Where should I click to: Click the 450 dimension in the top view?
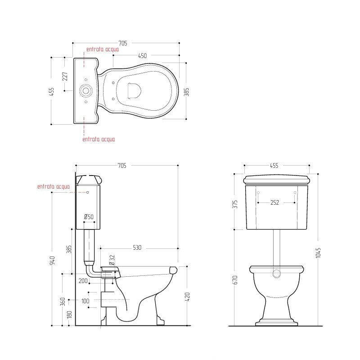142,56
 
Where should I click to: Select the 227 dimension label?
65,76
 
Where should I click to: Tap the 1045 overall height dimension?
318,253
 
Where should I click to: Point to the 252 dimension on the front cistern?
274,202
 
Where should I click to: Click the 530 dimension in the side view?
137,247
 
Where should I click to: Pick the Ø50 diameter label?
89,217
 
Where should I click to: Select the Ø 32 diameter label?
112,260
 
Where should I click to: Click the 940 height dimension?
52,261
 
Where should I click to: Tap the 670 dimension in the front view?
235,280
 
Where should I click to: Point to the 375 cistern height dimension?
235,204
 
